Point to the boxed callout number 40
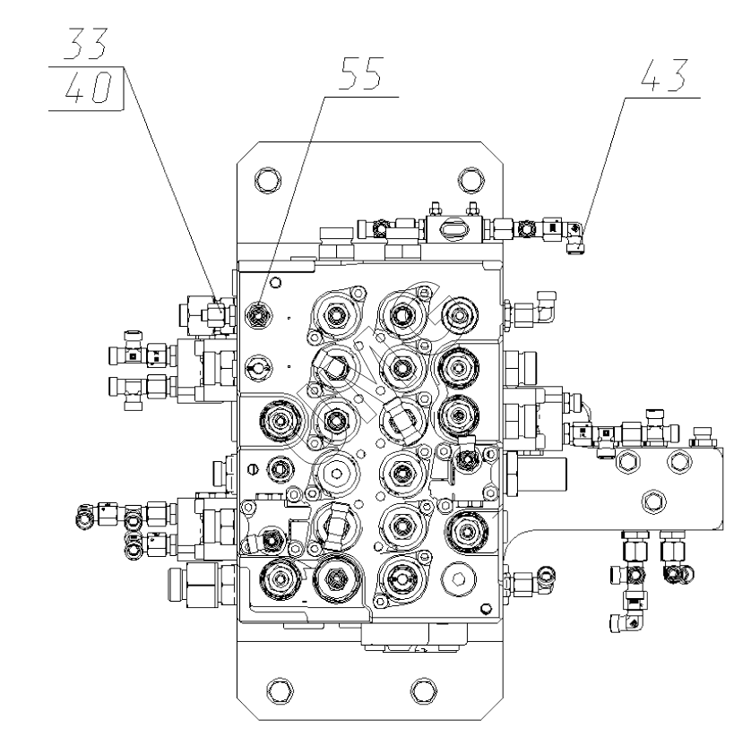click(x=87, y=90)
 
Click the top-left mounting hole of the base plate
click(x=265, y=177)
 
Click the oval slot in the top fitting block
click(x=455, y=229)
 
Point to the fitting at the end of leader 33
click(x=214, y=312)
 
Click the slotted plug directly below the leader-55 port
click(x=256, y=368)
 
